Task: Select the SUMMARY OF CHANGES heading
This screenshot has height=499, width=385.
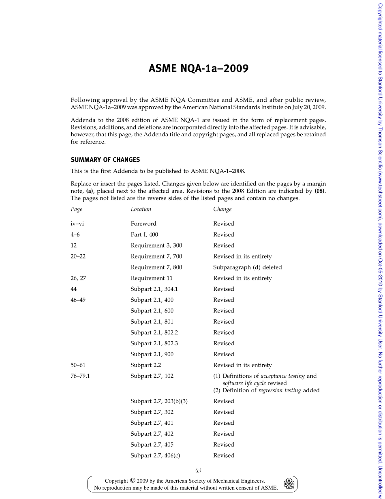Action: pos(105,160)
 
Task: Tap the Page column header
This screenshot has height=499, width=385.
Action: pos(76,209)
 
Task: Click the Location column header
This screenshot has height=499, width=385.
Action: pos(141,209)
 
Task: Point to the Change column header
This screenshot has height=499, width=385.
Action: pos(222,209)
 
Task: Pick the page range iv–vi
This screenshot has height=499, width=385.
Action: pos(77,224)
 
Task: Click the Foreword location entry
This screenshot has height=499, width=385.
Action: pos(143,224)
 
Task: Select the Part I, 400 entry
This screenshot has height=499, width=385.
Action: pos(144,234)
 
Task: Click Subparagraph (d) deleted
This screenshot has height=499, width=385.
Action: pos(247,267)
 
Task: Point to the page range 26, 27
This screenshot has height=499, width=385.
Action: pos(78,278)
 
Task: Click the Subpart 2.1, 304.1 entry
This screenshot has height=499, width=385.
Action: pos(154,289)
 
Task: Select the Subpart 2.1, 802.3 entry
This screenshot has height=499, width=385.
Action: pos(154,343)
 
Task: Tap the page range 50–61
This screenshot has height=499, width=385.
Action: pos(78,365)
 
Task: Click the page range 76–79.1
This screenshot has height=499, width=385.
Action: pos(80,376)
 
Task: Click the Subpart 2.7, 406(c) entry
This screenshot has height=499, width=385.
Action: pos(155,456)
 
